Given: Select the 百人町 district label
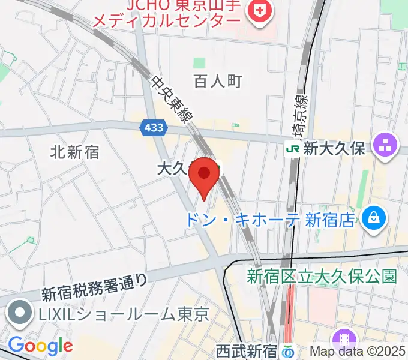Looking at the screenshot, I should click(218, 81).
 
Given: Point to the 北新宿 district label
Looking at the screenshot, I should click(75, 152).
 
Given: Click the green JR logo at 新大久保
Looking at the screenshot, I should click(293, 149).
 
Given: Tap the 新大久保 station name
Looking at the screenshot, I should click(334, 149).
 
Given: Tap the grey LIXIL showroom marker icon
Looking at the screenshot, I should click(19, 314).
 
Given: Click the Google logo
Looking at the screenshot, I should click(40, 346).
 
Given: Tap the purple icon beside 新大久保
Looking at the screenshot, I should click(385, 145).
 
